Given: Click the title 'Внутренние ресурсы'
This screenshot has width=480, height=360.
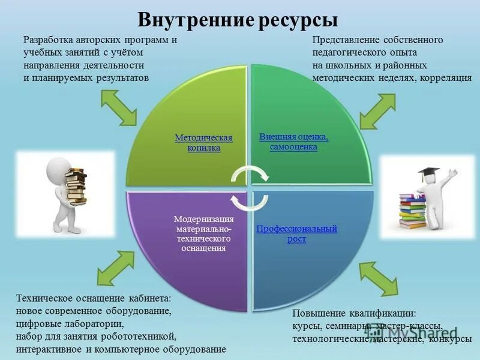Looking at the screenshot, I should click(x=238, y=19).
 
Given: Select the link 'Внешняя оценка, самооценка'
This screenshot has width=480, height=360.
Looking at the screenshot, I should click(x=293, y=142).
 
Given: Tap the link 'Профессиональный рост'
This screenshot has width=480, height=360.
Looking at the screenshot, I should click(x=296, y=233).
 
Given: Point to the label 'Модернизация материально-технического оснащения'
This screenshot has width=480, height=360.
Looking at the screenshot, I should click(x=203, y=233).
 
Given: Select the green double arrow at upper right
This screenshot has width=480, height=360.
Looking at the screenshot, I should click(x=376, y=109).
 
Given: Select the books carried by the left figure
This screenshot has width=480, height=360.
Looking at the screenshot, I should click(x=76, y=187).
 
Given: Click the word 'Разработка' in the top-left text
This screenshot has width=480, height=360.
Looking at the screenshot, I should click(x=48, y=40).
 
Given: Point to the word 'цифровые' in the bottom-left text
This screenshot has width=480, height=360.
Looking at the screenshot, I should click(x=37, y=323).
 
